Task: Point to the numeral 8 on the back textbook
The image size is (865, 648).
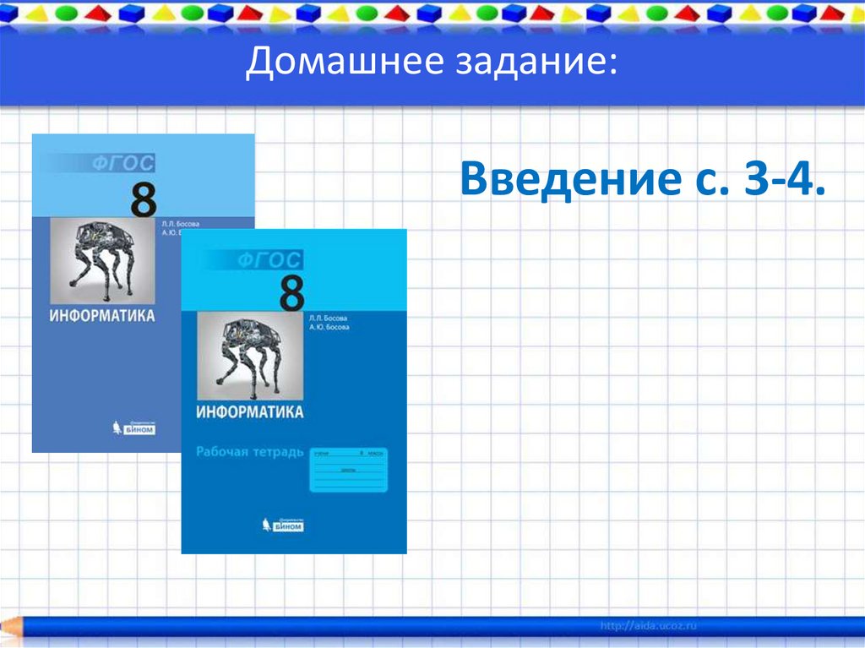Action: point(144,201)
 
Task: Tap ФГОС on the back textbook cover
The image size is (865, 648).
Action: point(126,165)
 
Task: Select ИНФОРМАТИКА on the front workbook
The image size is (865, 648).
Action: point(249,412)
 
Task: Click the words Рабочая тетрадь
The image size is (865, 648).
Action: point(249,452)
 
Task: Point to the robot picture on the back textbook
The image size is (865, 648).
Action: point(102,261)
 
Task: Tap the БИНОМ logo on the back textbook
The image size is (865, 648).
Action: point(135,428)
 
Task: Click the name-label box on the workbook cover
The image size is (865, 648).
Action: point(348,469)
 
